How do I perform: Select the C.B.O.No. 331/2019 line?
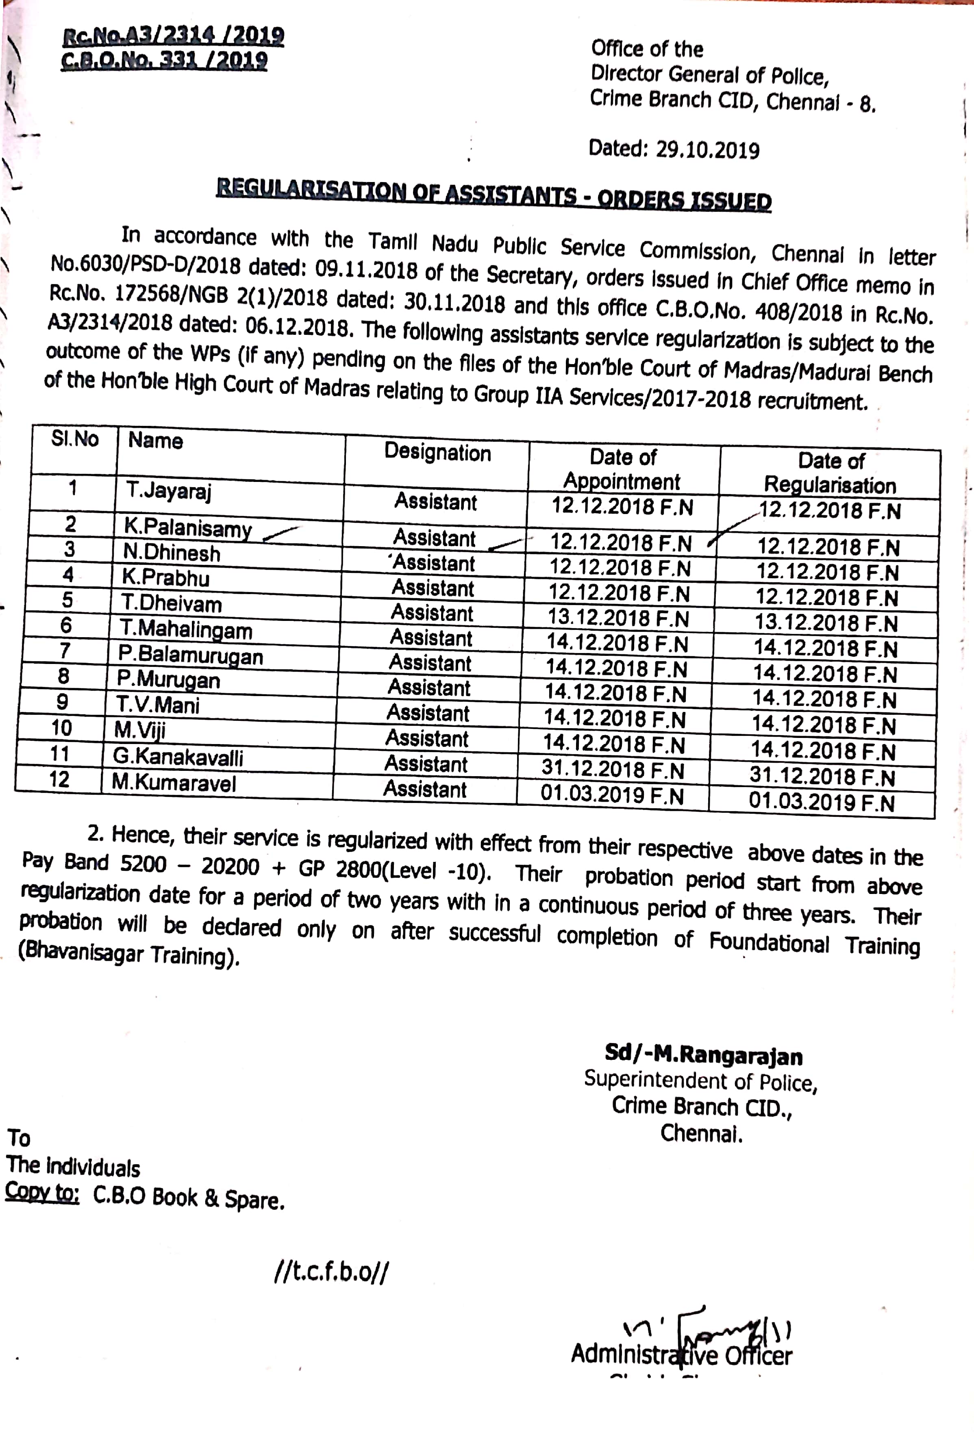[x=165, y=60]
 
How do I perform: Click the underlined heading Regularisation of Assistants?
[x=494, y=195]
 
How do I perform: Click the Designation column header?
[x=437, y=453]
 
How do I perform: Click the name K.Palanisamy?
[x=187, y=528]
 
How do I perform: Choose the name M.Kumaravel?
[x=174, y=782]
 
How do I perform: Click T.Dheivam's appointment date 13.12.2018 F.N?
[x=618, y=618]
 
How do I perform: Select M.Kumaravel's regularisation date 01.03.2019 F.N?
[x=821, y=802]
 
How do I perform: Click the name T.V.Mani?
[x=158, y=705]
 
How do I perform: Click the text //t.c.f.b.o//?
[x=331, y=1272]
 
